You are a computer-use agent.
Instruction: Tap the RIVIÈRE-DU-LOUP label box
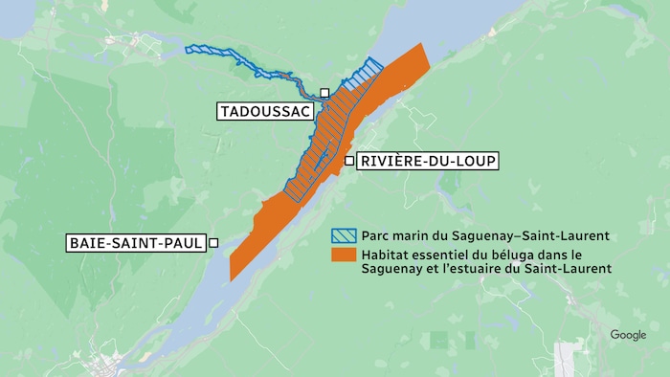click(427, 161)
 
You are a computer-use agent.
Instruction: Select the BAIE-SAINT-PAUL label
click(136, 243)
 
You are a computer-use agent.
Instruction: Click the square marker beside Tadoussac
click(324, 93)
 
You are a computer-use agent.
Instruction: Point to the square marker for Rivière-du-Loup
click(348, 161)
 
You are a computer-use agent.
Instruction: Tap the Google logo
click(628, 335)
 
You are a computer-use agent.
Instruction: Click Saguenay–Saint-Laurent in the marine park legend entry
click(539, 235)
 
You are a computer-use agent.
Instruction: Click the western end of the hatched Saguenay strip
click(189, 48)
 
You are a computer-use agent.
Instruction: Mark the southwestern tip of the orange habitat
click(232, 278)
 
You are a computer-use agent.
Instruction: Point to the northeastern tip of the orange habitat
click(421, 45)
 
